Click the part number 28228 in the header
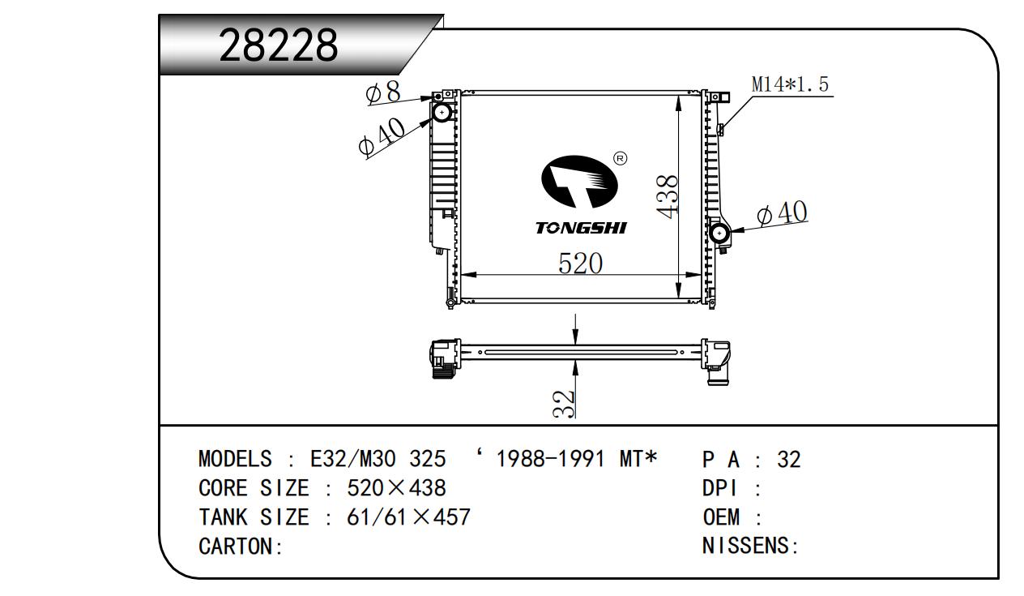pyautogui.click(x=278, y=46)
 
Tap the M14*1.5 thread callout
pyautogui.click(x=790, y=84)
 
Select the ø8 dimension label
pyautogui.click(x=384, y=92)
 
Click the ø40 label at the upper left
pyautogui.click(x=381, y=135)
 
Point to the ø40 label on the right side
pyautogui.click(x=782, y=213)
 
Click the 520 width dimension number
pyautogui.click(x=581, y=264)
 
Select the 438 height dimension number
pyautogui.click(x=668, y=195)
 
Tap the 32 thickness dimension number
pyautogui.click(x=564, y=403)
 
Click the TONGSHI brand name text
pyautogui.click(x=580, y=228)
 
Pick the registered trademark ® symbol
pyautogui.click(x=620, y=158)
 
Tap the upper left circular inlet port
pyautogui.click(x=442, y=113)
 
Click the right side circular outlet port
pyautogui.click(x=719, y=234)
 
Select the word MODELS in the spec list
pyautogui.click(x=235, y=460)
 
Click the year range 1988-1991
pyautogui.click(x=549, y=460)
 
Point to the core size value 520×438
pyautogui.click(x=396, y=488)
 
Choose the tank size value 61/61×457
pyautogui.click(x=408, y=517)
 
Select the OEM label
pyautogui.click(x=722, y=517)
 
